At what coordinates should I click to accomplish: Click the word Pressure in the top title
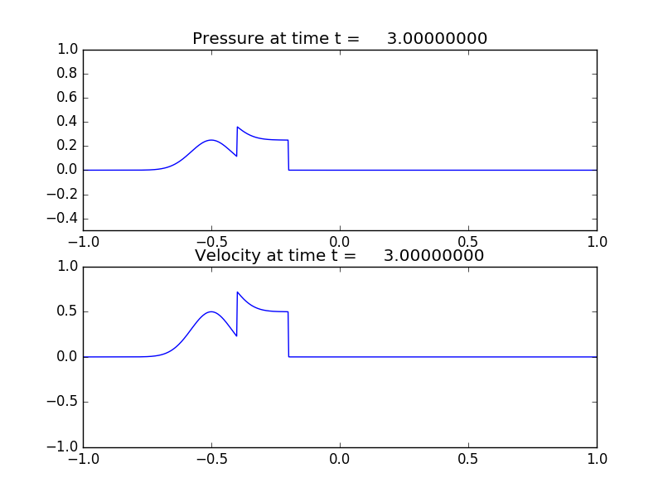[x=228, y=39]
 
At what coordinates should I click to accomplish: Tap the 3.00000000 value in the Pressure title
[x=437, y=39]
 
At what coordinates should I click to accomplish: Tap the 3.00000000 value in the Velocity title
[x=434, y=256]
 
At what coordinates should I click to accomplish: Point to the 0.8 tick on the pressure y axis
[x=68, y=74]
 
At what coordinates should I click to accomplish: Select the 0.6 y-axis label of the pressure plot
[x=68, y=98]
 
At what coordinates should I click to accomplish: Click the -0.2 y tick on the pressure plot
[x=64, y=195]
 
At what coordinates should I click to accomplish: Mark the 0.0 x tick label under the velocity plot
[x=340, y=458]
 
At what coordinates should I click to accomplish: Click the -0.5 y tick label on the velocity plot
[x=64, y=403]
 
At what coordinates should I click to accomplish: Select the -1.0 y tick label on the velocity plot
[x=64, y=447]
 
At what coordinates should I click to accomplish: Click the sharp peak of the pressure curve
[x=238, y=127]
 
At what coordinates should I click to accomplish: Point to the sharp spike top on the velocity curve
[x=238, y=292]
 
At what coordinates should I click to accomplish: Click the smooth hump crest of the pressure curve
[x=211, y=140]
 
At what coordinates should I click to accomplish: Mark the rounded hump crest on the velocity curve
[x=211, y=312]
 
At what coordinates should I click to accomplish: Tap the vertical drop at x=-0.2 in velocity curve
[x=288, y=335]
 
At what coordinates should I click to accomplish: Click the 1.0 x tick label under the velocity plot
[x=597, y=458]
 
